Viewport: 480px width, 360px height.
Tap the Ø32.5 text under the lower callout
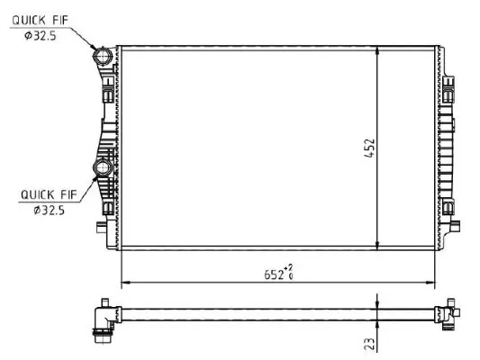pyautogui.click(x=47, y=211)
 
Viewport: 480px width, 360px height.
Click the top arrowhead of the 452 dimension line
pyautogui.click(x=376, y=49)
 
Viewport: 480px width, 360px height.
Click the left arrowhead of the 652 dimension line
pyautogui.click(x=124, y=283)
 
